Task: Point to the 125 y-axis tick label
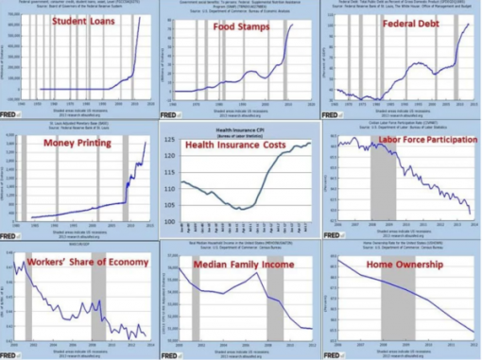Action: (x=169, y=141)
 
